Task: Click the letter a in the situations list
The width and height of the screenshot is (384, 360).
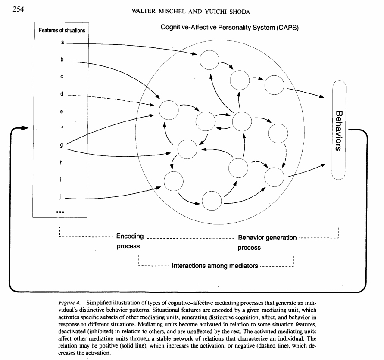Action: [62, 43]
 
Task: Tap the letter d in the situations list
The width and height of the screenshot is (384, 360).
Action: [62, 94]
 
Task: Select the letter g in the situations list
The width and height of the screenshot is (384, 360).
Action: [62, 145]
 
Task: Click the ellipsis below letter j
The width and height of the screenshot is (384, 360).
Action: [60, 212]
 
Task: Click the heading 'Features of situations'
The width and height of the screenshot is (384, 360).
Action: [62, 31]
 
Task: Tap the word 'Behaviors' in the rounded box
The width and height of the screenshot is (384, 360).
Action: [339, 130]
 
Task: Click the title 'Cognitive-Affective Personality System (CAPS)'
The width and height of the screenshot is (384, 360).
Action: [230, 27]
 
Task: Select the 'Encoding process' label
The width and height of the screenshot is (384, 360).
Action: [129, 242]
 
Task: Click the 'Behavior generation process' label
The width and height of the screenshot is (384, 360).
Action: [267, 242]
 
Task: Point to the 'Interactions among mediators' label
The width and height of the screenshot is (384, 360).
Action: [215, 266]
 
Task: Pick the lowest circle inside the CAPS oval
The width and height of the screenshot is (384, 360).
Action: [212, 200]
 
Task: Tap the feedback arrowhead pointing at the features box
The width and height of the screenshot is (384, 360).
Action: [24, 128]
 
